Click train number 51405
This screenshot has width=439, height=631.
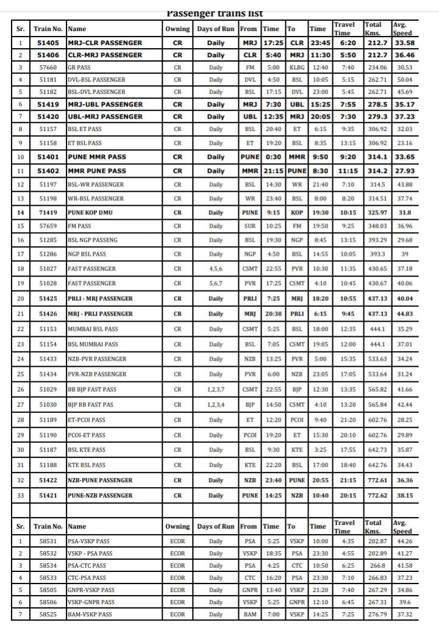tap(48, 43)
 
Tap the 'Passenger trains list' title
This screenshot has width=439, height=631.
tap(215, 13)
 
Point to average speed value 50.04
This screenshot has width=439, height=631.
tap(405, 79)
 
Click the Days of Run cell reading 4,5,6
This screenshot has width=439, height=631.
tap(216, 269)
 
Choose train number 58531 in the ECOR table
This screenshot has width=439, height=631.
tap(48, 541)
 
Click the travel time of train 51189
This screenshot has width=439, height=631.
tap(348, 420)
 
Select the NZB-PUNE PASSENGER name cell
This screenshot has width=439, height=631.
tap(100, 480)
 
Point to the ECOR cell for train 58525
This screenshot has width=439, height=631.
tap(177, 615)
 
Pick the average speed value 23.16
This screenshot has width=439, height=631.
tap(405, 143)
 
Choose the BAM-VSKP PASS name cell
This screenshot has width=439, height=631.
tap(90, 615)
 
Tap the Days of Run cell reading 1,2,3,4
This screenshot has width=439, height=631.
tap(216, 404)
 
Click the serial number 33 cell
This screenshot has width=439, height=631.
tap(20, 495)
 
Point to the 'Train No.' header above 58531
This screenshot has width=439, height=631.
tap(48, 526)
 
